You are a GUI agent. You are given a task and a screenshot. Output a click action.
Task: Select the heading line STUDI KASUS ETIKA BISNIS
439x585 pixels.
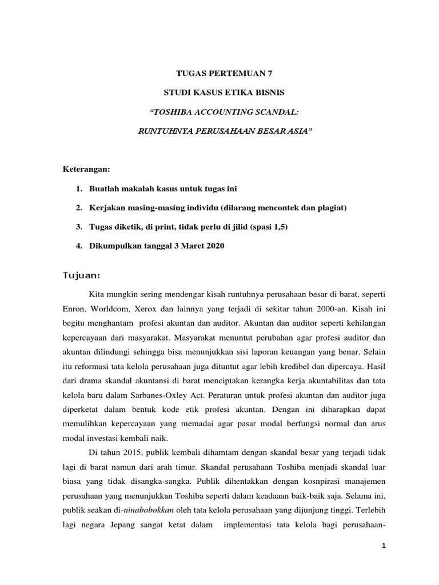[219, 93]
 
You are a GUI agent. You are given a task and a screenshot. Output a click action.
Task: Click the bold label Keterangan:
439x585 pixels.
[86, 170]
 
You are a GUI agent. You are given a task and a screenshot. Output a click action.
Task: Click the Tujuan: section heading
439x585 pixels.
[82, 276]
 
